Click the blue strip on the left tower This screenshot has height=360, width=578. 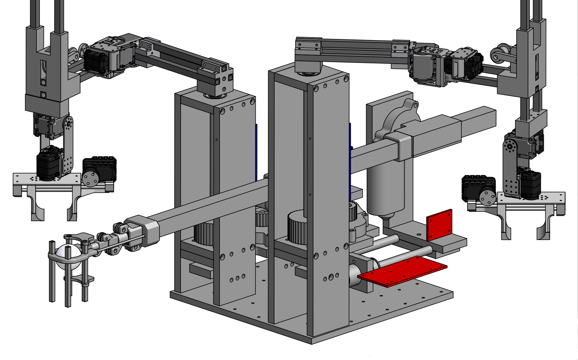(x=257, y=152)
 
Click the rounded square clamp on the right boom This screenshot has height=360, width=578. (x=399, y=147)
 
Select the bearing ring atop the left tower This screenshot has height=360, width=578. (x=215, y=97)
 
